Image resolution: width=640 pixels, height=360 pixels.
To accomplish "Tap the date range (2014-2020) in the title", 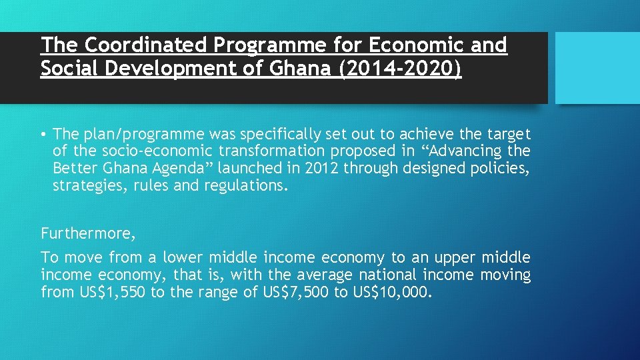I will [400, 69].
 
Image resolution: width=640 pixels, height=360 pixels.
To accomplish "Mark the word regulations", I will [247, 186].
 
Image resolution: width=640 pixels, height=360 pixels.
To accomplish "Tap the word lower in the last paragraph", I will [183, 257].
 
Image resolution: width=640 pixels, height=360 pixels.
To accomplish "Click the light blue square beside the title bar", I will [597, 68].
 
